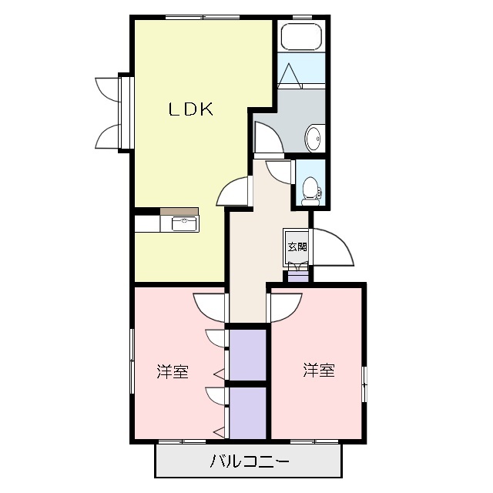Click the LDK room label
tap(191, 110)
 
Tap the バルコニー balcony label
tap(250, 462)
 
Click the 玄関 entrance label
tap(297, 247)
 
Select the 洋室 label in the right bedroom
tap(318, 371)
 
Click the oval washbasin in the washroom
tap(314, 138)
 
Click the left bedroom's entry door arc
tap(209, 306)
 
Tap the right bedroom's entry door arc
tap(285, 307)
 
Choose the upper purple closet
tap(248, 354)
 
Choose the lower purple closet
tap(248, 412)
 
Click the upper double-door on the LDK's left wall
tap(108, 90)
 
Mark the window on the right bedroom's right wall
tap(364, 377)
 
